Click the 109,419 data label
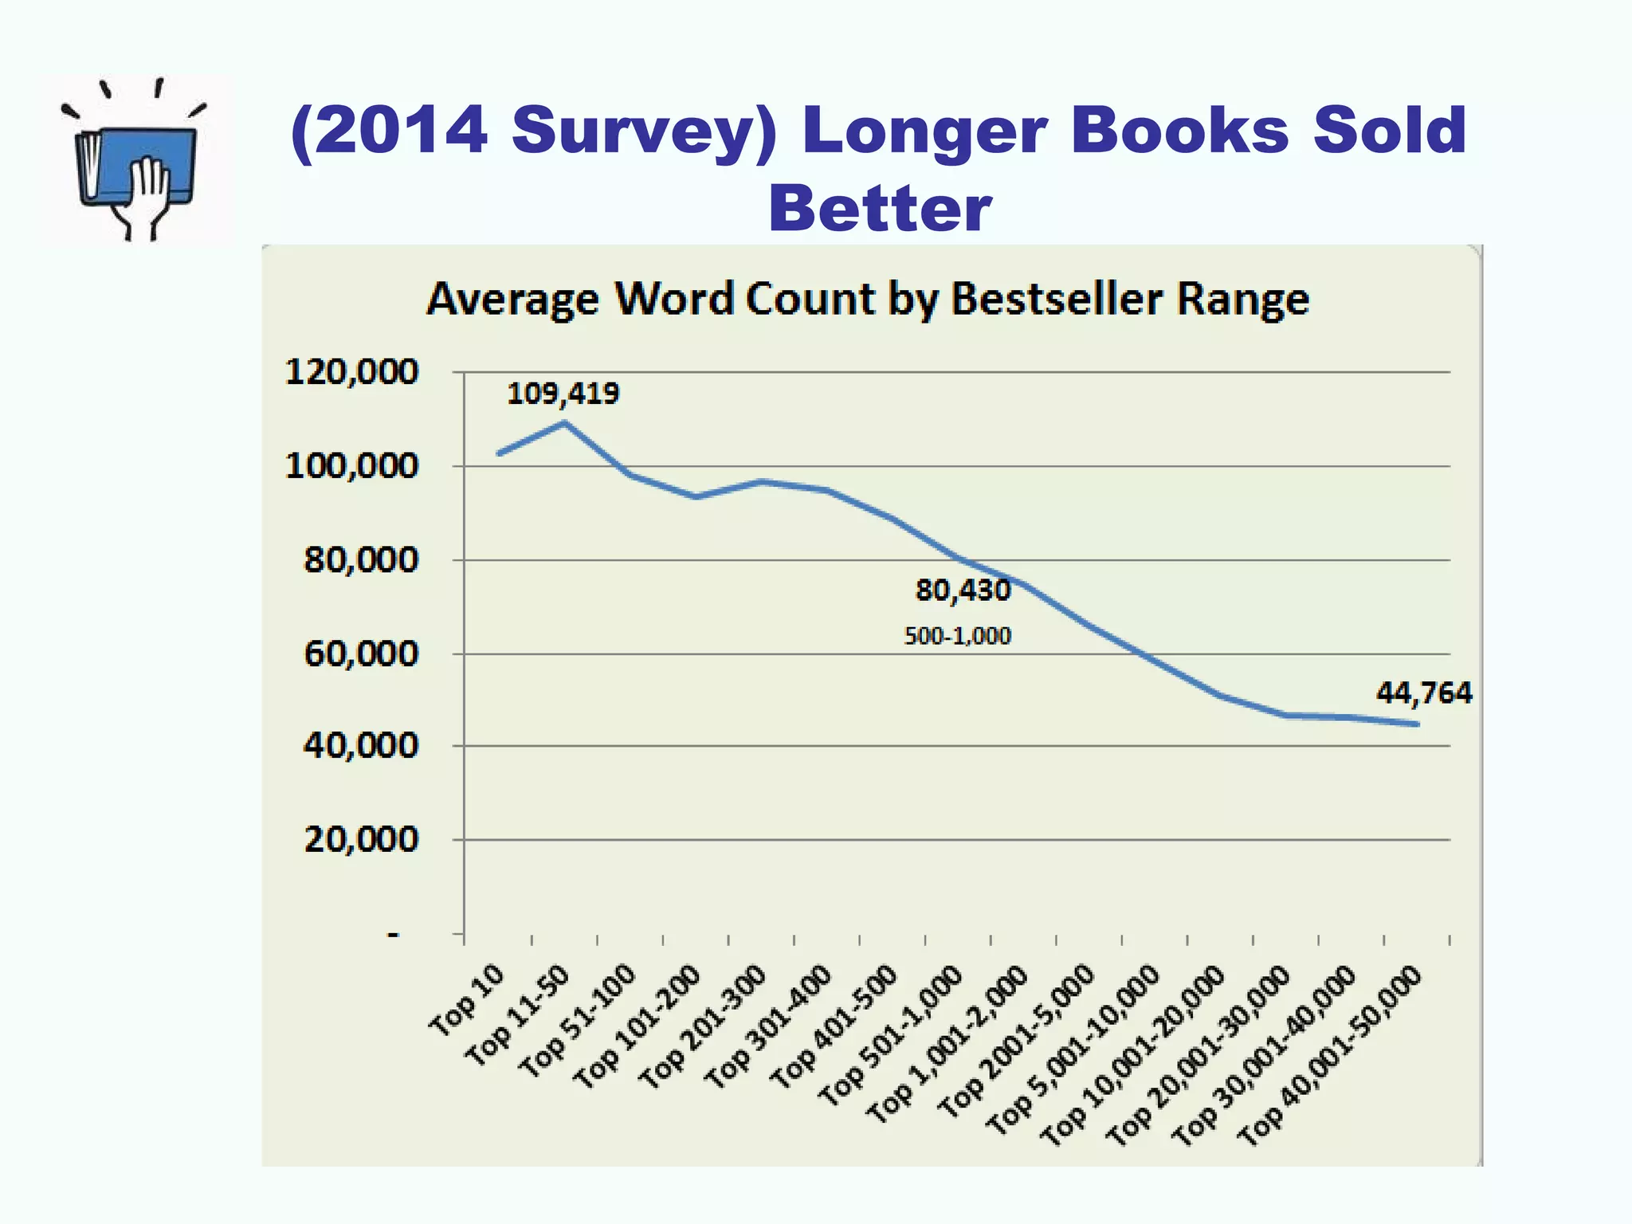(x=563, y=394)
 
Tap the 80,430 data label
(x=963, y=590)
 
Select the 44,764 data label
(x=1423, y=693)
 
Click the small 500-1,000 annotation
(x=957, y=636)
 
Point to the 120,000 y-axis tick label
(x=351, y=372)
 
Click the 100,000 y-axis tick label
(x=351, y=466)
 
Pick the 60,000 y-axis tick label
(x=360, y=654)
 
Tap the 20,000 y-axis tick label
(x=360, y=840)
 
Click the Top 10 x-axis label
(x=467, y=1000)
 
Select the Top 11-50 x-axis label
(x=518, y=1014)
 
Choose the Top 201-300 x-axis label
(x=703, y=1026)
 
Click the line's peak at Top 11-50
(x=565, y=422)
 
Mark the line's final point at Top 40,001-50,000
(x=1417, y=724)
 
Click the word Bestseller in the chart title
(x=1057, y=300)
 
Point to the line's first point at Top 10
(x=499, y=453)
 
